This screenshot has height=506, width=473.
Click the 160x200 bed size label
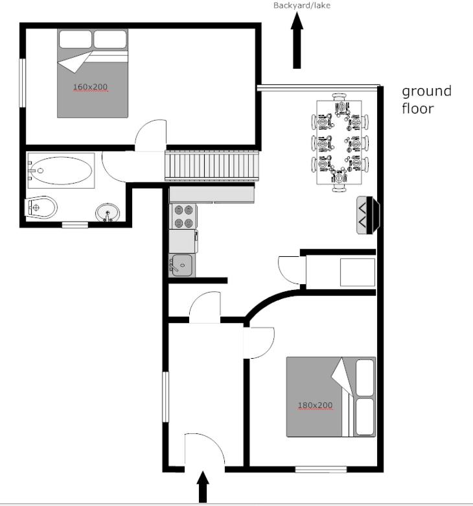pyautogui.click(x=90, y=87)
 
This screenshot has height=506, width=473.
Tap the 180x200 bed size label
pyautogui.click(x=315, y=405)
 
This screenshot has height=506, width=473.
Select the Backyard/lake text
pyautogui.click(x=302, y=5)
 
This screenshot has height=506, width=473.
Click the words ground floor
pyautogui.click(x=426, y=100)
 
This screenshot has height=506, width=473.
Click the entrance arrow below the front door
pyautogui.click(x=203, y=487)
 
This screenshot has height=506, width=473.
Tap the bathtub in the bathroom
pyautogui.click(x=62, y=171)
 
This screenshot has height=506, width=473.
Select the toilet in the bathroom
pyautogui.click(x=41, y=207)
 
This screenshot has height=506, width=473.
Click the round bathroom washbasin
pyautogui.click(x=108, y=212)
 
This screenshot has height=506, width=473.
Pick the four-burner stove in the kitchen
pyautogui.click(x=183, y=216)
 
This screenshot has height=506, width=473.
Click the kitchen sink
pyautogui.click(x=181, y=265)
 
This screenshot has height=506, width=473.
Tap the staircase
pyautogui.click(x=212, y=165)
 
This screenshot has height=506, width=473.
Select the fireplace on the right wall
pyautogui.click(x=368, y=215)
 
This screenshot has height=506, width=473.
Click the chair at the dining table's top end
pyautogui.click(x=339, y=97)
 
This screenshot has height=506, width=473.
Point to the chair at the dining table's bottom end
pyautogui.click(x=339, y=188)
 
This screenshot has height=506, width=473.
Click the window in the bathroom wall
pyautogui.click(x=75, y=224)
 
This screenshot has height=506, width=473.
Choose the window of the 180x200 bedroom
pyautogui.click(x=321, y=469)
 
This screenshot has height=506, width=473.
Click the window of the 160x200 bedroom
pyautogui.click(x=22, y=82)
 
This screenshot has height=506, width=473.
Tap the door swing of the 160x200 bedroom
pyautogui.click(x=150, y=135)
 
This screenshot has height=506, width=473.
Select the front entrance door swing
pyautogui.click(x=204, y=450)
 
